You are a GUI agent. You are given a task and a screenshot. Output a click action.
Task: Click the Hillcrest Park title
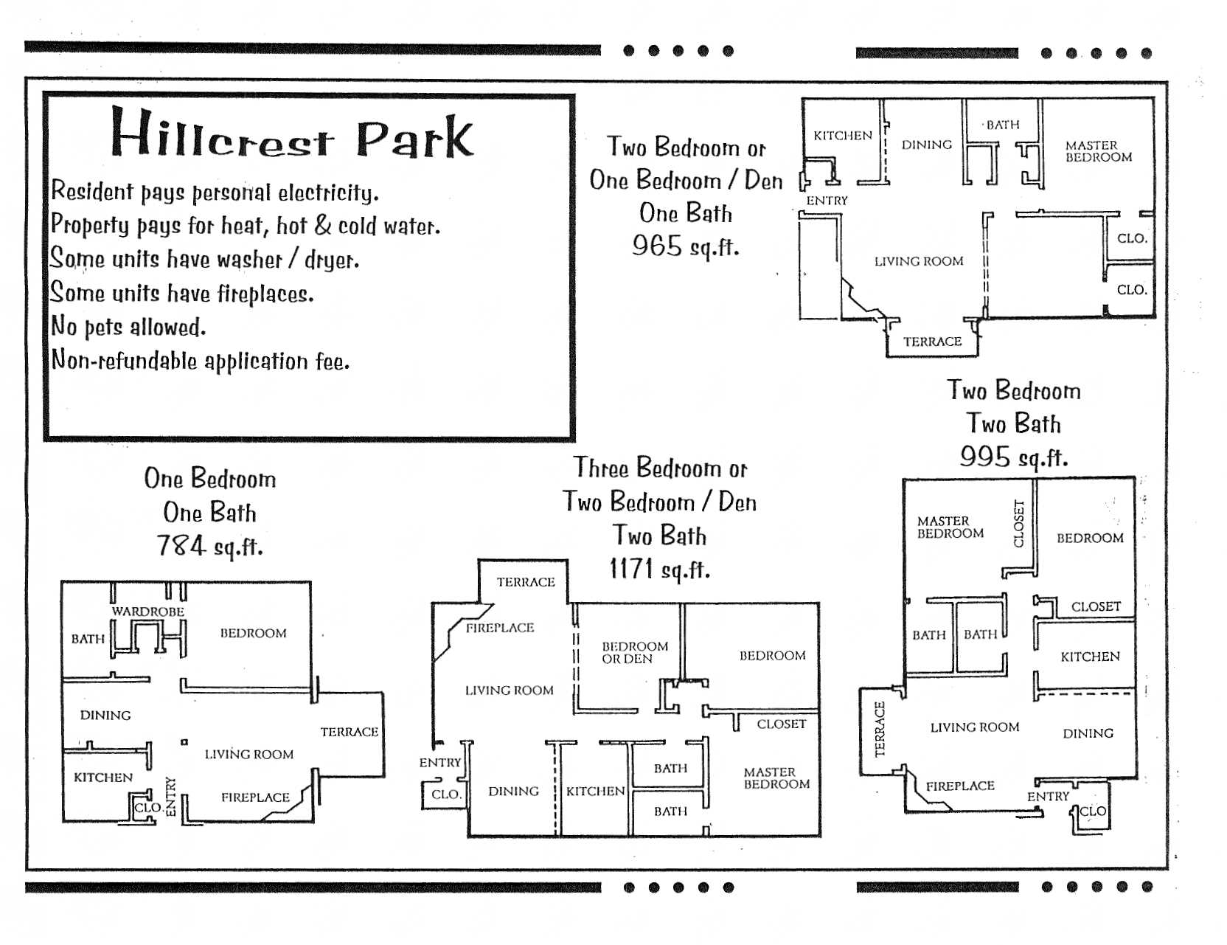[291, 134]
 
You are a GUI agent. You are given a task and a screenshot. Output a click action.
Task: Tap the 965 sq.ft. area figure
[685, 246]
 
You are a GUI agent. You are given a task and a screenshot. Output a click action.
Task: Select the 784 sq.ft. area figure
[209, 547]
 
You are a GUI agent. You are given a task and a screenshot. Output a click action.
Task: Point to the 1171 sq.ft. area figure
[659, 569]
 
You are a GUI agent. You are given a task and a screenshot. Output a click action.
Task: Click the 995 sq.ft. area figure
[1013, 457]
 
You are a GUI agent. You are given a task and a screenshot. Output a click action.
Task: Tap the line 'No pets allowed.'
[128, 326]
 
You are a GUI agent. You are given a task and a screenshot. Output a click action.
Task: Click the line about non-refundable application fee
[200, 361]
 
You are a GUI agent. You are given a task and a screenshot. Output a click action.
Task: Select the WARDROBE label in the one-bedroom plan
[147, 612]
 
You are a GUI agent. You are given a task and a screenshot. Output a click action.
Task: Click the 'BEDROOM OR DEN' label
[634, 652]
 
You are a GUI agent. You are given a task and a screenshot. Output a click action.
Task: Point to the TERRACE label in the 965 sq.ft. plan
[932, 342]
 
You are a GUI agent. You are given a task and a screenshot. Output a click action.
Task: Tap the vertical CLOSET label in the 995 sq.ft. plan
[1019, 524]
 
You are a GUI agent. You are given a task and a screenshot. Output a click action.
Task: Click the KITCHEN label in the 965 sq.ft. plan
[842, 136]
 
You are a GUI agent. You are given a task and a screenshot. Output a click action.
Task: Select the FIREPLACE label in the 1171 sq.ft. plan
[499, 628]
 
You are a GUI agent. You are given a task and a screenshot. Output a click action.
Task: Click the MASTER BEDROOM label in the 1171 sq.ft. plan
[776, 778]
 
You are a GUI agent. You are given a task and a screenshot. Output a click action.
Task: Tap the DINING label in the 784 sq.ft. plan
[105, 715]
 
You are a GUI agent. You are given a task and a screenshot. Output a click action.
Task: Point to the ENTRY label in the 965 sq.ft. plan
[827, 201]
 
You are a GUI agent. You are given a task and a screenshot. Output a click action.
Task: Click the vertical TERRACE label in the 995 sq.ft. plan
[879, 729]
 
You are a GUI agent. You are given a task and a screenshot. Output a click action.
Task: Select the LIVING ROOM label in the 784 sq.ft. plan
[248, 754]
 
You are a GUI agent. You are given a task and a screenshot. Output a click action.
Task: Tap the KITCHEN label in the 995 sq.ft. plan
[1089, 657]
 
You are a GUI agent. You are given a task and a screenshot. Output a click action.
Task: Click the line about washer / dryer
[204, 259]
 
